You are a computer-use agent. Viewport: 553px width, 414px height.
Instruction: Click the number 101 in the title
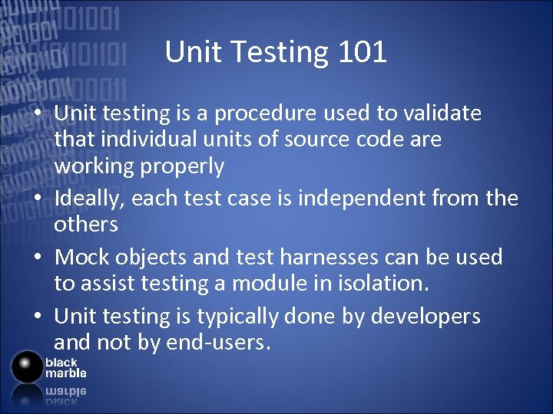(x=362, y=52)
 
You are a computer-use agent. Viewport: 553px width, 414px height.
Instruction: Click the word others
(x=85, y=225)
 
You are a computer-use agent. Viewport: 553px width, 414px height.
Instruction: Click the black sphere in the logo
(x=27, y=366)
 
